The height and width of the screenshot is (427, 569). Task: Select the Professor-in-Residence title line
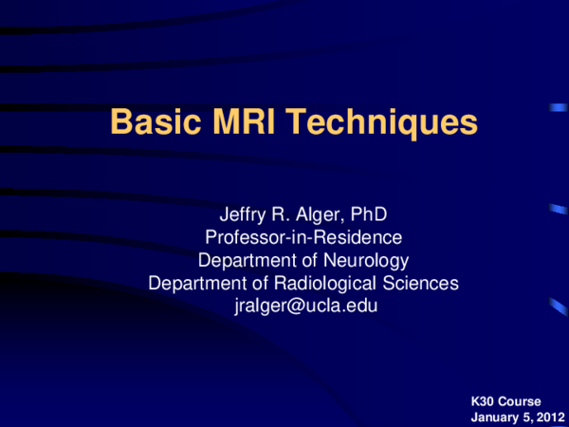303,237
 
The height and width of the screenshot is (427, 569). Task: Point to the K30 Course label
505,402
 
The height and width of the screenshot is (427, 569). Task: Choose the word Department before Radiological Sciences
195,283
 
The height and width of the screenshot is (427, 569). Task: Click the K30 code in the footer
482,402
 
